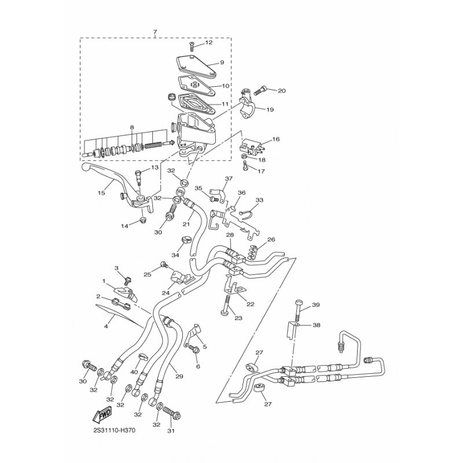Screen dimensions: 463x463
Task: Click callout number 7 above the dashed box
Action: click(x=155, y=32)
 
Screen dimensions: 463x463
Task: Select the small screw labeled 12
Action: click(x=192, y=47)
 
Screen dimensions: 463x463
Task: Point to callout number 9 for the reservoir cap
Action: click(x=222, y=63)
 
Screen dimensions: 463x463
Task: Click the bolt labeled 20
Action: click(x=258, y=89)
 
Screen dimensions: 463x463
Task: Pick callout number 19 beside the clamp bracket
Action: click(x=270, y=109)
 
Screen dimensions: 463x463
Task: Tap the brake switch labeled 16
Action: click(x=251, y=148)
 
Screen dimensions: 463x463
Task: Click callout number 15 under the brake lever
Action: click(x=101, y=193)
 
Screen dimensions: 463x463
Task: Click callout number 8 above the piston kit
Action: click(x=132, y=127)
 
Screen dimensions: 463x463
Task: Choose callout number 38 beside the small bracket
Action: click(x=315, y=325)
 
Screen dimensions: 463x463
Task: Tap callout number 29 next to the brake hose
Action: click(x=179, y=376)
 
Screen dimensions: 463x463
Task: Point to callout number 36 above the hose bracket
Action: click(x=241, y=193)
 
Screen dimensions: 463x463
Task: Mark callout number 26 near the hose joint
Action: click(x=271, y=239)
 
